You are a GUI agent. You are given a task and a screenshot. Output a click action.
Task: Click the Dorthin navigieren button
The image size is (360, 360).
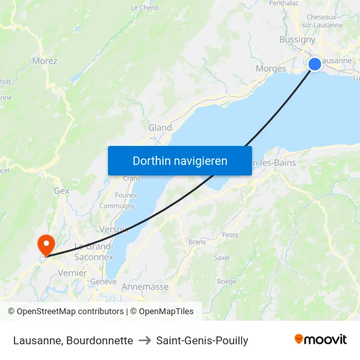(180, 160)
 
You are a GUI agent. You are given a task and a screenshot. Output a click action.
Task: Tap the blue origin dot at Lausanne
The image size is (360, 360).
(315, 63)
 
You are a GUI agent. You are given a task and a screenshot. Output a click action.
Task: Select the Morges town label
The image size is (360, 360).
(270, 68)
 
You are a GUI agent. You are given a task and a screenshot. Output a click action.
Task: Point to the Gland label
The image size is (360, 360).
(160, 128)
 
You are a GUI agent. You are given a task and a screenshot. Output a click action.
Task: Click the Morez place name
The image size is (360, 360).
(45, 61)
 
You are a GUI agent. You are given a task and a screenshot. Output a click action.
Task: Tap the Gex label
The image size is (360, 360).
(62, 190)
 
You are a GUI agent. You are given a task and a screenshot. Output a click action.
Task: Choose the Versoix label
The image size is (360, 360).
(113, 228)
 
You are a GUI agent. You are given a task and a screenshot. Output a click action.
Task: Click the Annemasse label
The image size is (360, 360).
(145, 287)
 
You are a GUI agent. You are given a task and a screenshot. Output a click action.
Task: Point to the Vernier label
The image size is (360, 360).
(72, 272)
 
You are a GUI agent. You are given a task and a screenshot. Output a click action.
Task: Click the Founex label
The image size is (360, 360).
(126, 195)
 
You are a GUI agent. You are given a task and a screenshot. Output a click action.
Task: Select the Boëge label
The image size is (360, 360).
(226, 281)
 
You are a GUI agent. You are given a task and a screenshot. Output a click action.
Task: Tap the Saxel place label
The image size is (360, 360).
(222, 257)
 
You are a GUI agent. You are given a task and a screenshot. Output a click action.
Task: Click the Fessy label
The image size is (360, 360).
(230, 234)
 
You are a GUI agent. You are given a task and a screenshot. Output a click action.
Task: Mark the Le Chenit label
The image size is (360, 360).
(145, 8)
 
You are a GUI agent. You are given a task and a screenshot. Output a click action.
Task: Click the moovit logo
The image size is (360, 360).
(321, 340)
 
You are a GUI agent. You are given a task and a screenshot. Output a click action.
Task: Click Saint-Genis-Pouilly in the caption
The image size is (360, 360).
(202, 340)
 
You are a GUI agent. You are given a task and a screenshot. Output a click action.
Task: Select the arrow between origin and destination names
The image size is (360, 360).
(145, 340)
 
